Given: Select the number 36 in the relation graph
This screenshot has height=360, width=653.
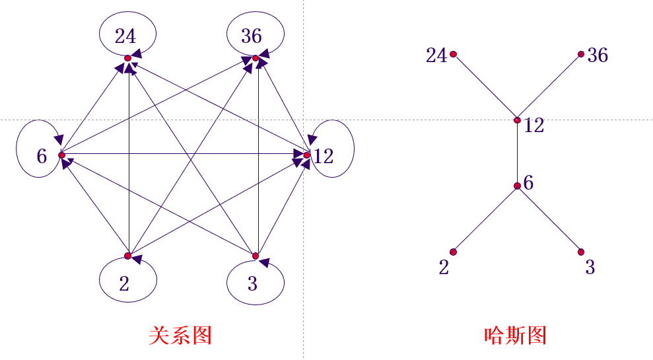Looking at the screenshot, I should pos(252,36).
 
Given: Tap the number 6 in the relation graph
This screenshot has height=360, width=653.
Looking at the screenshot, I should pos(42,157).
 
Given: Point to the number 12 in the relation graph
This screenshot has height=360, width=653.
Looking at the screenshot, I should pos(324,157).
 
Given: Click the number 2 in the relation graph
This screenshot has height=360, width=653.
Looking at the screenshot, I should pos(124,284).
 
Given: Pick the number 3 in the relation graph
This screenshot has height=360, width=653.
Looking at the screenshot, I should pos(252,284).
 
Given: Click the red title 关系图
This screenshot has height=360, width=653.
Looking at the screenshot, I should pos(180,336).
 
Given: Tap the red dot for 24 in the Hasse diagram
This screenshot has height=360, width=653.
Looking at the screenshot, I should pos(453,54).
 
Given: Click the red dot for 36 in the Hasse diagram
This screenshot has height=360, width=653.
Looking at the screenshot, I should pos(581,54).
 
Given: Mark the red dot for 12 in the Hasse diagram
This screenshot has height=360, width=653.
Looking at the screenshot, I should pos(517,120).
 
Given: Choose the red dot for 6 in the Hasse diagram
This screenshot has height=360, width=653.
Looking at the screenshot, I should pos(517,186).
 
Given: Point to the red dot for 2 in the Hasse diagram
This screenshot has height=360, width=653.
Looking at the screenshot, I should pos(453,252).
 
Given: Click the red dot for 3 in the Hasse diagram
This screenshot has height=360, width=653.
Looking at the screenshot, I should pos(581,252).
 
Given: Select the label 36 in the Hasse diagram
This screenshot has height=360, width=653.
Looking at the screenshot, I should pos(598,55).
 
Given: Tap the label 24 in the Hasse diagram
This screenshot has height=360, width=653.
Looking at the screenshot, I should pos(436,56).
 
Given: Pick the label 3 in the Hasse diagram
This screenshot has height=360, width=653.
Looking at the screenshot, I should pos(590,268).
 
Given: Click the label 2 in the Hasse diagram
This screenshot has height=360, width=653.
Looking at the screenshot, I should pos(444,268).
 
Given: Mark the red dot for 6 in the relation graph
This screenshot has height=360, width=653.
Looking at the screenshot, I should pos(61,155).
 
